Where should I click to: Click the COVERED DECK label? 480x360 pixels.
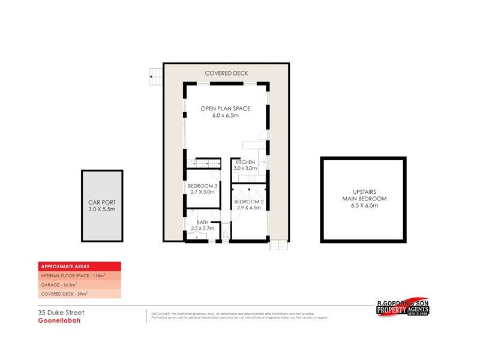(x=226, y=73)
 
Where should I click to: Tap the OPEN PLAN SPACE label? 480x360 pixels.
(x=226, y=109)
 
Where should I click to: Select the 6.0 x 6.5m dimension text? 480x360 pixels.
(x=226, y=115)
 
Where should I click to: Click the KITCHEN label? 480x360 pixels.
(x=245, y=163)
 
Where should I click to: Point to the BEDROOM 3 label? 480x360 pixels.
(x=203, y=186)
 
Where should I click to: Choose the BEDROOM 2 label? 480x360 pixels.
(x=248, y=202)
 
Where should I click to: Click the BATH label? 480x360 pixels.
(x=203, y=222)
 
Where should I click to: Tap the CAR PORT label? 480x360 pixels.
(x=102, y=203)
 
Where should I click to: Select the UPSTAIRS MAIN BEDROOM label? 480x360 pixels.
(x=364, y=196)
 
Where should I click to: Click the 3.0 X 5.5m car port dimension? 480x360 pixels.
(x=102, y=209)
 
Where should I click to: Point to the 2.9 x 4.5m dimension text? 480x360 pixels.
(x=248, y=208)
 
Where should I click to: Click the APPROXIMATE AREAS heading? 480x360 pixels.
(x=60, y=266)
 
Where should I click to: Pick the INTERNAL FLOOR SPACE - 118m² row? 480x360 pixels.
(x=72, y=275)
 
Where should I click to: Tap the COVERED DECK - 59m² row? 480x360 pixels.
(x=64, y=293)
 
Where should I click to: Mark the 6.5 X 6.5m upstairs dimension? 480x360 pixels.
(x=364, y=206)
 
